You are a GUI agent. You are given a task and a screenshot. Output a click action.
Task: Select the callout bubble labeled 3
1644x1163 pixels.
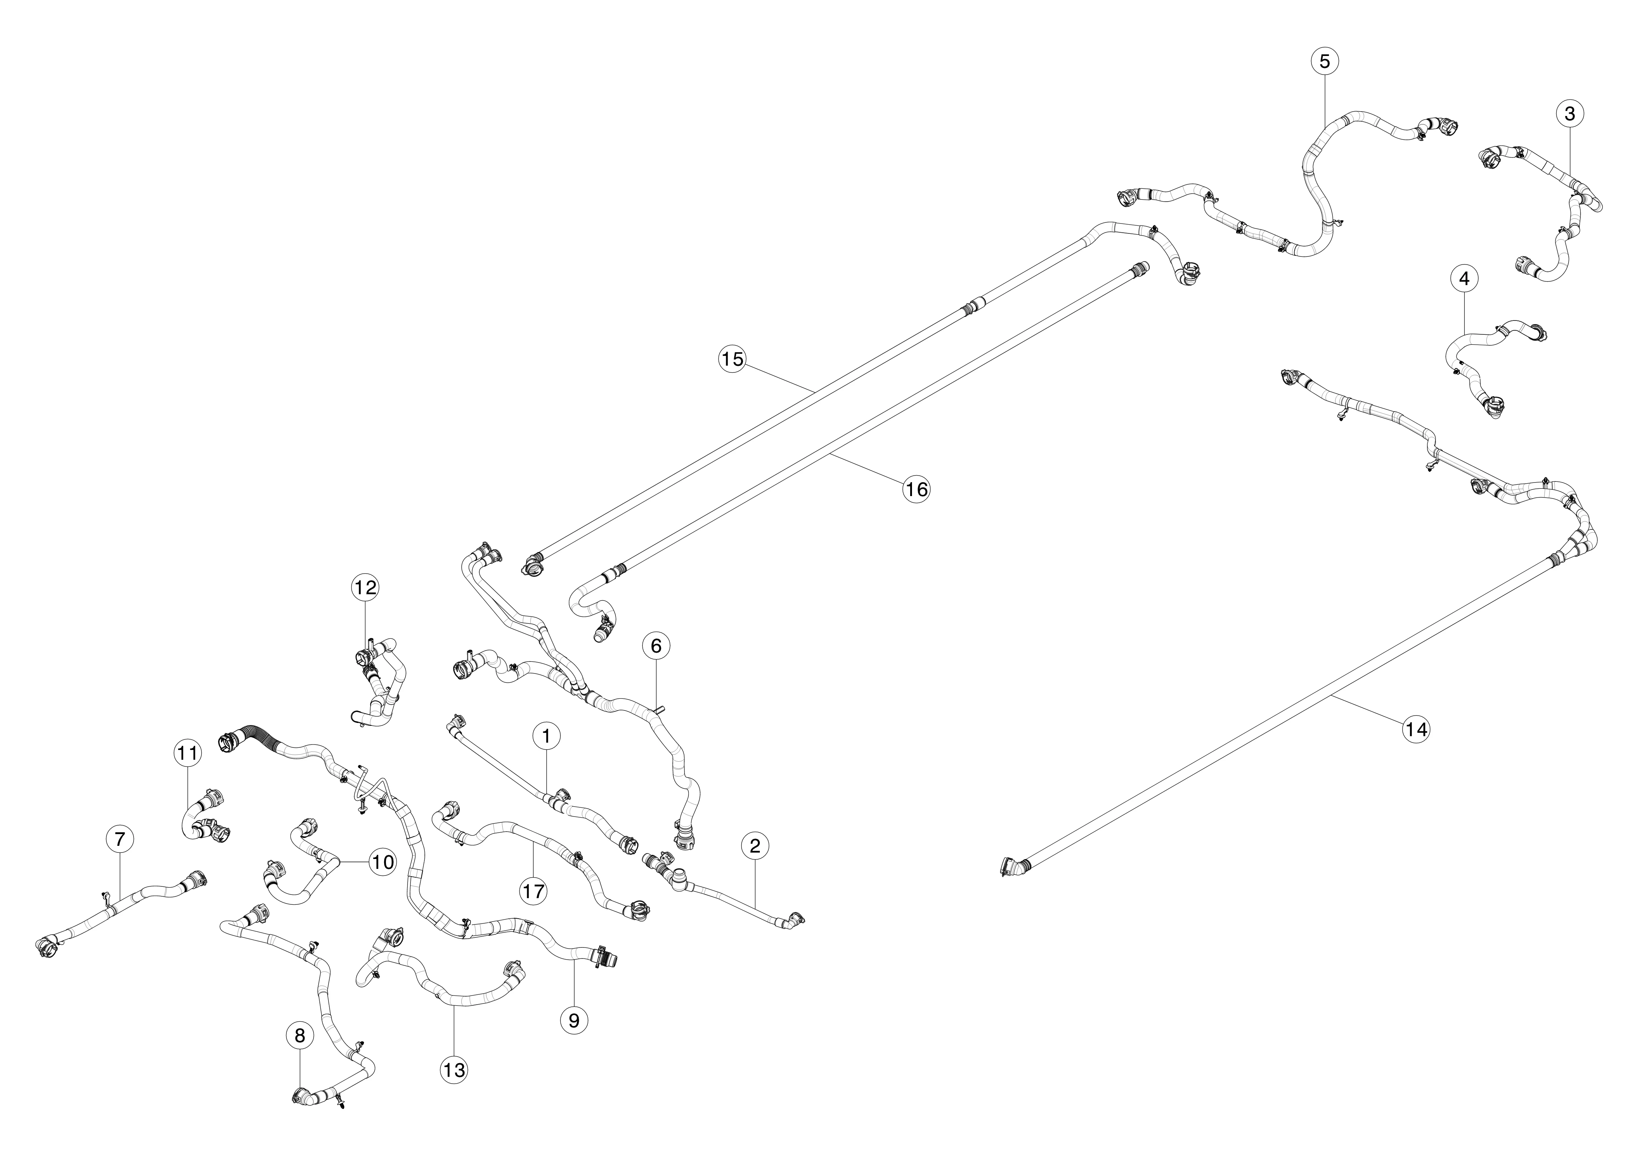click(x=1569, y=113)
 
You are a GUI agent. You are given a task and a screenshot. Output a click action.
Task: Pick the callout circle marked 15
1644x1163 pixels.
click(x=732, y=359)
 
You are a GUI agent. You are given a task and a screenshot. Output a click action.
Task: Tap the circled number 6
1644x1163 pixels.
click(x=656, y=646)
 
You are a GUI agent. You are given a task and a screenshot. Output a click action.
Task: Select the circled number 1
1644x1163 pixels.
click(x=546, y=735)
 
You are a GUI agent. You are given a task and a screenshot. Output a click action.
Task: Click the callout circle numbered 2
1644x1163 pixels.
click(x=755, y=846)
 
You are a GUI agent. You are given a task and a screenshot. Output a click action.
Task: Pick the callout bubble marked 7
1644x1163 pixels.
click(x=120, y=839)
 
